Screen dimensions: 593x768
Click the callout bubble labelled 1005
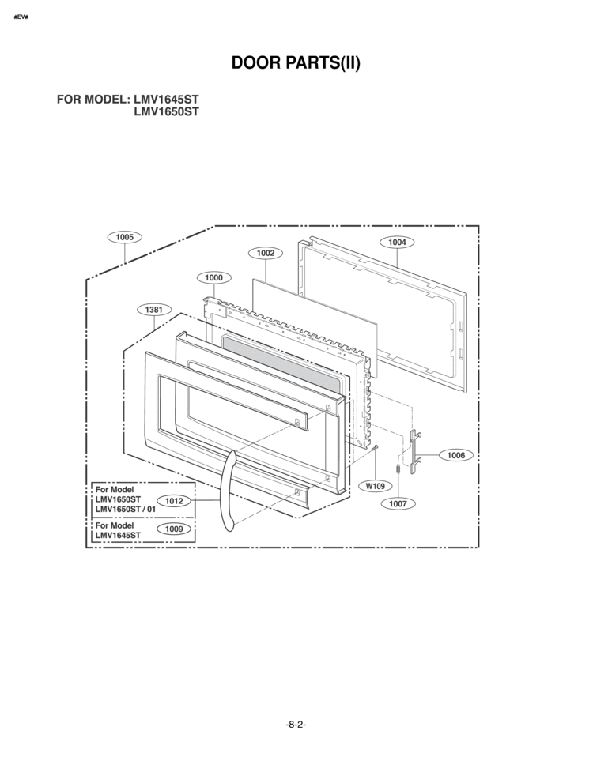coord(124,237)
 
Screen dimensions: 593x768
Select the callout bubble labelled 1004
coord(397,242)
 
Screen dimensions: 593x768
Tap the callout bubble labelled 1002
coord(266,253)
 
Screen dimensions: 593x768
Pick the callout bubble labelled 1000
coord(213,277)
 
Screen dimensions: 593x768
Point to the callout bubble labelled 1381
coord(154,310)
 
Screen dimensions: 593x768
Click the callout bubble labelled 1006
coord(455,455)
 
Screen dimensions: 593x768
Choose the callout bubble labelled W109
coord(376,486)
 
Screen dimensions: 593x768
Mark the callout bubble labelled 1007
coord(398,503)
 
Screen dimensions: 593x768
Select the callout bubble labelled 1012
coord(173,501)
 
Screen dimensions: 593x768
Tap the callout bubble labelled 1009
coord(173,529)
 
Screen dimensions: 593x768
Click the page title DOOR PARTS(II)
coord(296,62)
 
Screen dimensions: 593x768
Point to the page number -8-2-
coord(296,725)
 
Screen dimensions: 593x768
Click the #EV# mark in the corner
coord(21,17)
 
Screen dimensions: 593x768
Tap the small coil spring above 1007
coord(398,469)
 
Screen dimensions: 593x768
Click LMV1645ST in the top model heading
coord(166,99)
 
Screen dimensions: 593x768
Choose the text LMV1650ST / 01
coord(126,509)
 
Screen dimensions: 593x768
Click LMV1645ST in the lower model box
coord(118,536)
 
